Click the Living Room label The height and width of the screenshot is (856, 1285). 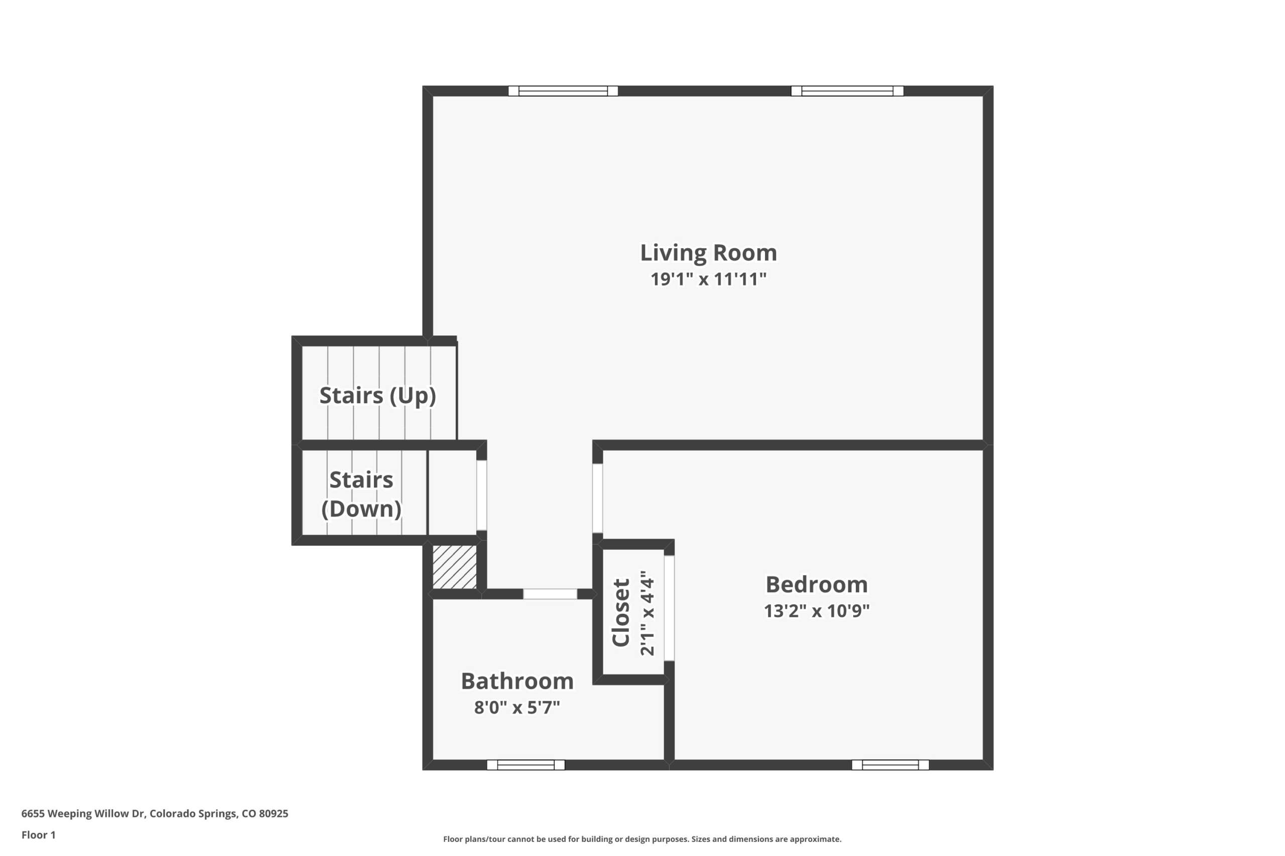pyautogui.click(x=708, y=253)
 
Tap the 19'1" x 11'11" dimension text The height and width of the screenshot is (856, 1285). pyautogui.click(x=708, y=279)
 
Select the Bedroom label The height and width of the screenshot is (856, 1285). pyautogui.click(x=816, y=585)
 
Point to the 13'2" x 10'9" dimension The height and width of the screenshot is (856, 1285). pyautogui.click(x=816, y=610)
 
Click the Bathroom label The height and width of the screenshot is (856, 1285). pyautogui.click(x=517, y=681)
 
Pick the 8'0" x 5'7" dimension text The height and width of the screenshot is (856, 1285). pyautogui.click(x=517, y=708)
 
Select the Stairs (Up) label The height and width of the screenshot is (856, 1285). pyautogui.click(x=377, y=396)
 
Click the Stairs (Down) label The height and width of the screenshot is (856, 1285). pyautogui.click(x=361, y=494)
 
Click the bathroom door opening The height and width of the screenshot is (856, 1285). pyautogui.click(x=550, y=594)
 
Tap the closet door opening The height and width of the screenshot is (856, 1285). pyautogui.click(x=669, y=608)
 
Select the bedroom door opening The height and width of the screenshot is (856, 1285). pyautogui.click(x=598, y=498)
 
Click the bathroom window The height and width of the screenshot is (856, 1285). pyautogui.click(x=526, y=765)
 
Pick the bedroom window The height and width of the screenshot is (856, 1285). pyautogui.click(x=890, y=765)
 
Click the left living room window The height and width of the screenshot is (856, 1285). pyautogui.click(x=563, y=91)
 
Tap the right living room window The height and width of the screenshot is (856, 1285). pyautogui.click(x=847, y=91)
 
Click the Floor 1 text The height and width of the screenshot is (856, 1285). pyautogui.click(x=38, y=835)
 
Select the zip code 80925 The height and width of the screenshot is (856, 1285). pyautogui.click(x=273, y=813)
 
